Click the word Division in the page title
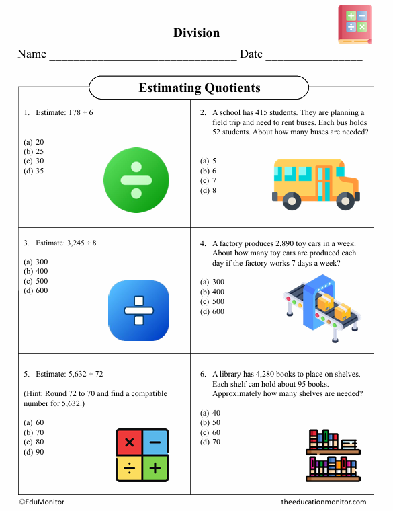click(196, 32)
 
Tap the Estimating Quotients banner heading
click(199, 88)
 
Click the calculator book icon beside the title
click(354, 25)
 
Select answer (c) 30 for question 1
click(34, 161)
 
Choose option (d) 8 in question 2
click(208, 190)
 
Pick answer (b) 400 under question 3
click(36, 272)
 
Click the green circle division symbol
click(136, 181)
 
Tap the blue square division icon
click(139, 311)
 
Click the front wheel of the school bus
click(345, 200)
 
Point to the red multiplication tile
click(129, 442)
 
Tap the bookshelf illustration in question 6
click(333, 455)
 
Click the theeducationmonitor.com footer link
click(324, 502)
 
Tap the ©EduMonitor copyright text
click(42, 502)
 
